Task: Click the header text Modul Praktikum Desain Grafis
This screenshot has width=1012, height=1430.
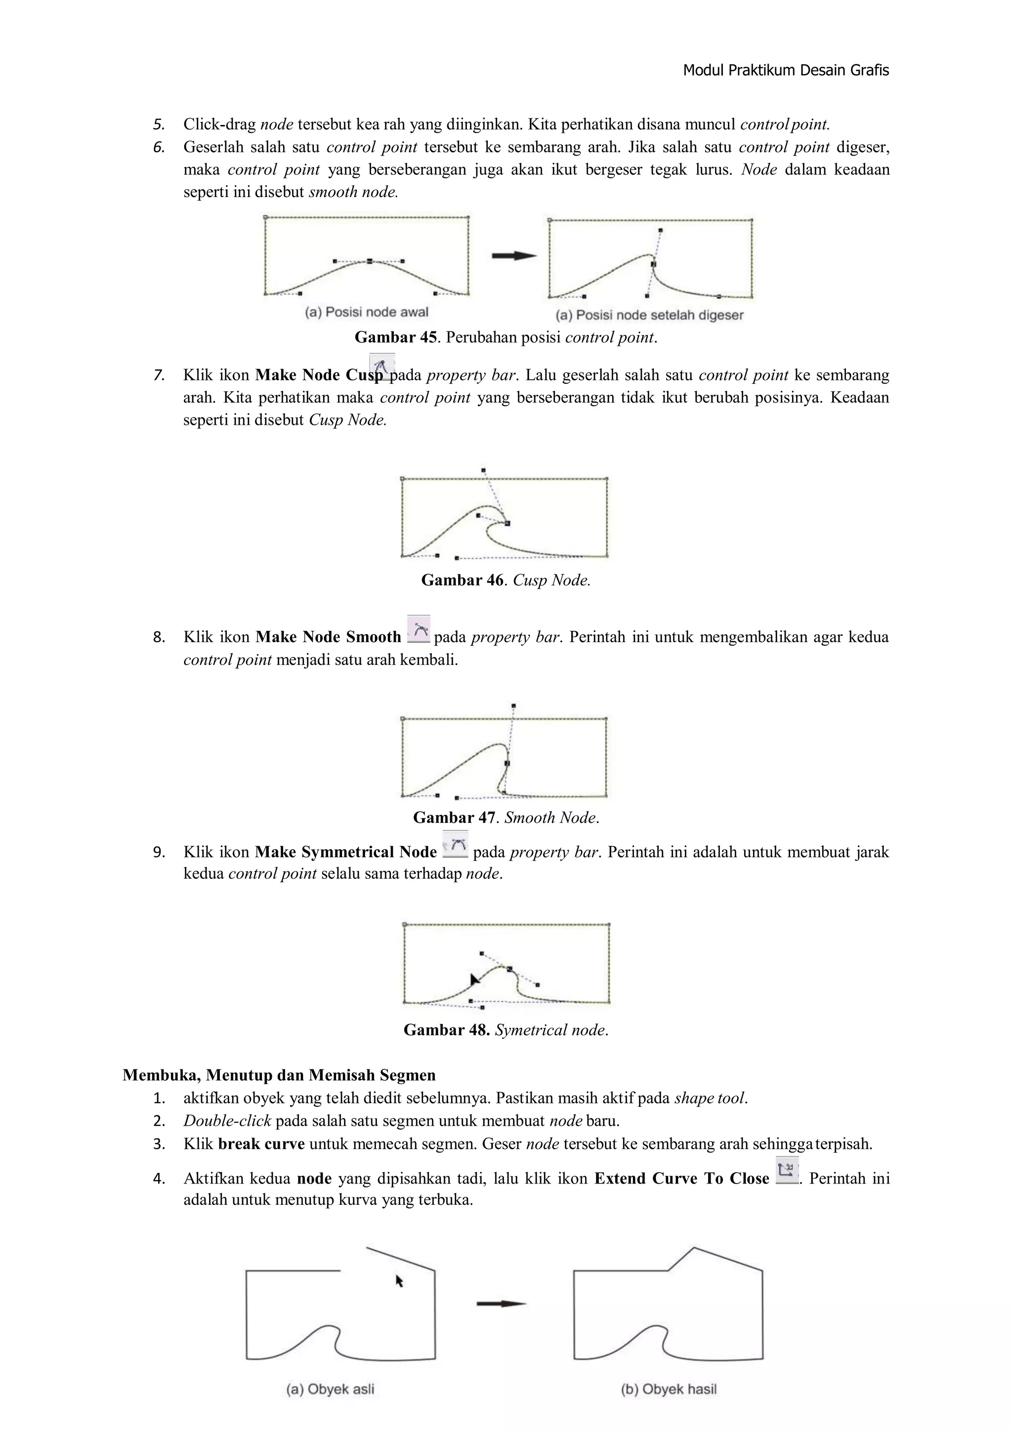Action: (785, 70)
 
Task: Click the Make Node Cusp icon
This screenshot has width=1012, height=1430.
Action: (381, 366)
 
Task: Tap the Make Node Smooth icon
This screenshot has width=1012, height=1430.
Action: (418, 628)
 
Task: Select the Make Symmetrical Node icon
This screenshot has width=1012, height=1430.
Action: (456, 844)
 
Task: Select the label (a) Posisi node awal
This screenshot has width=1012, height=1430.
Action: (367, 312)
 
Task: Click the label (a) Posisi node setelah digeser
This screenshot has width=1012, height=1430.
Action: (650, 315)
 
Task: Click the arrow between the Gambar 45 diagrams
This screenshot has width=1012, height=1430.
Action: (514, 255)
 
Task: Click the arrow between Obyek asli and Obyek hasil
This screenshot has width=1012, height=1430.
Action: (501, 1304)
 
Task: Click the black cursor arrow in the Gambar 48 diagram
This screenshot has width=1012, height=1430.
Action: (475, 980)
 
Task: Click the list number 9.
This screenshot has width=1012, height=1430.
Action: (159, 852)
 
